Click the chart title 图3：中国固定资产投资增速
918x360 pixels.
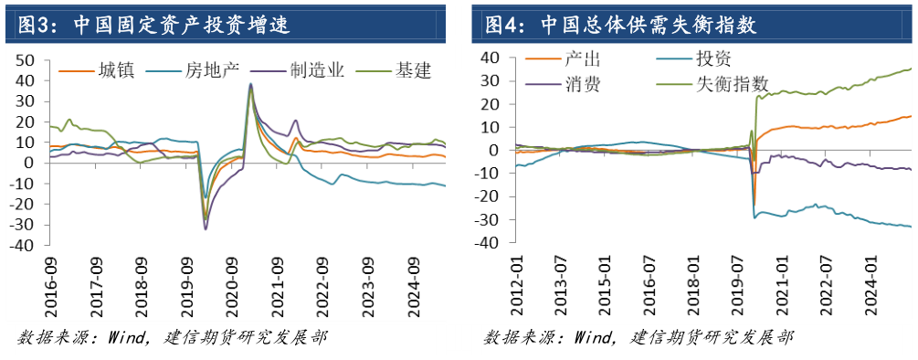pos(146,24)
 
